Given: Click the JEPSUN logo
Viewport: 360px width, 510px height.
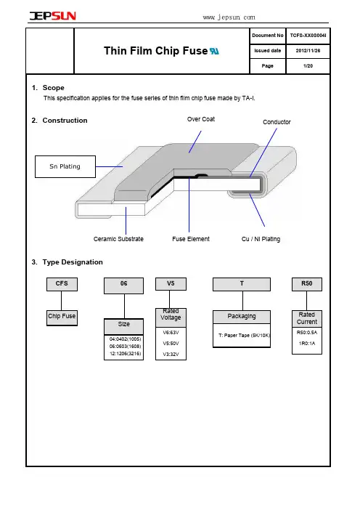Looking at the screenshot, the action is click(53, 15).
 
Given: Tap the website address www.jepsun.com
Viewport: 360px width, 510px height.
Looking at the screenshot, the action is click(229, 17).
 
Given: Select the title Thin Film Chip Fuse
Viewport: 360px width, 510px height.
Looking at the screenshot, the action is click(155, 51).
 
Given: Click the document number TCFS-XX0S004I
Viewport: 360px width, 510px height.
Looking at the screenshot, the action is click(308, 36).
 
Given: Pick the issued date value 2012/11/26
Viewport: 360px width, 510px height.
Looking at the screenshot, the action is click(308, 51).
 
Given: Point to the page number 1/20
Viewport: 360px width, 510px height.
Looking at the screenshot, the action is click(308, 66).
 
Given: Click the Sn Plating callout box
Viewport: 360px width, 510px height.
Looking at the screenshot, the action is click(65, 166).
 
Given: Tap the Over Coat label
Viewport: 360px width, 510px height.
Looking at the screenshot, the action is click(201, 119).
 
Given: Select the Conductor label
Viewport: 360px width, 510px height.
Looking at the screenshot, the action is click(277, 122).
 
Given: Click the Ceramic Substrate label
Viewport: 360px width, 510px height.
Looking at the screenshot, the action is click(118, 239).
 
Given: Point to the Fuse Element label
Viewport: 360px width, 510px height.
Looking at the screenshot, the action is click(191, 239).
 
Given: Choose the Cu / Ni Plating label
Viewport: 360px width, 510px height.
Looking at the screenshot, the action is click(261, 239).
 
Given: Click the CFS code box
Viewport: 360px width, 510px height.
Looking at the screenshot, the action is click(62, 284).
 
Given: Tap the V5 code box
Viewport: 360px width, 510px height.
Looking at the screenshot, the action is click(171, 283).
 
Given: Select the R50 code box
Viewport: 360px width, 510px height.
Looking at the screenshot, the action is click(307, 284).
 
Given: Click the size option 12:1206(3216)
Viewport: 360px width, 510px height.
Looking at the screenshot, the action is click(126, 354).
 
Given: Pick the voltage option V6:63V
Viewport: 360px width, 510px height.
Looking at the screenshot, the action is click(171, 333).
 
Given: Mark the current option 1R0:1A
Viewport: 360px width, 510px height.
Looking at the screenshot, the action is click(307, 343).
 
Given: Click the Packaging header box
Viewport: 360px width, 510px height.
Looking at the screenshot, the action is click(242, 317).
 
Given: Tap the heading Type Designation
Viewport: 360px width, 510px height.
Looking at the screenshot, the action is click(73, 262).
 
